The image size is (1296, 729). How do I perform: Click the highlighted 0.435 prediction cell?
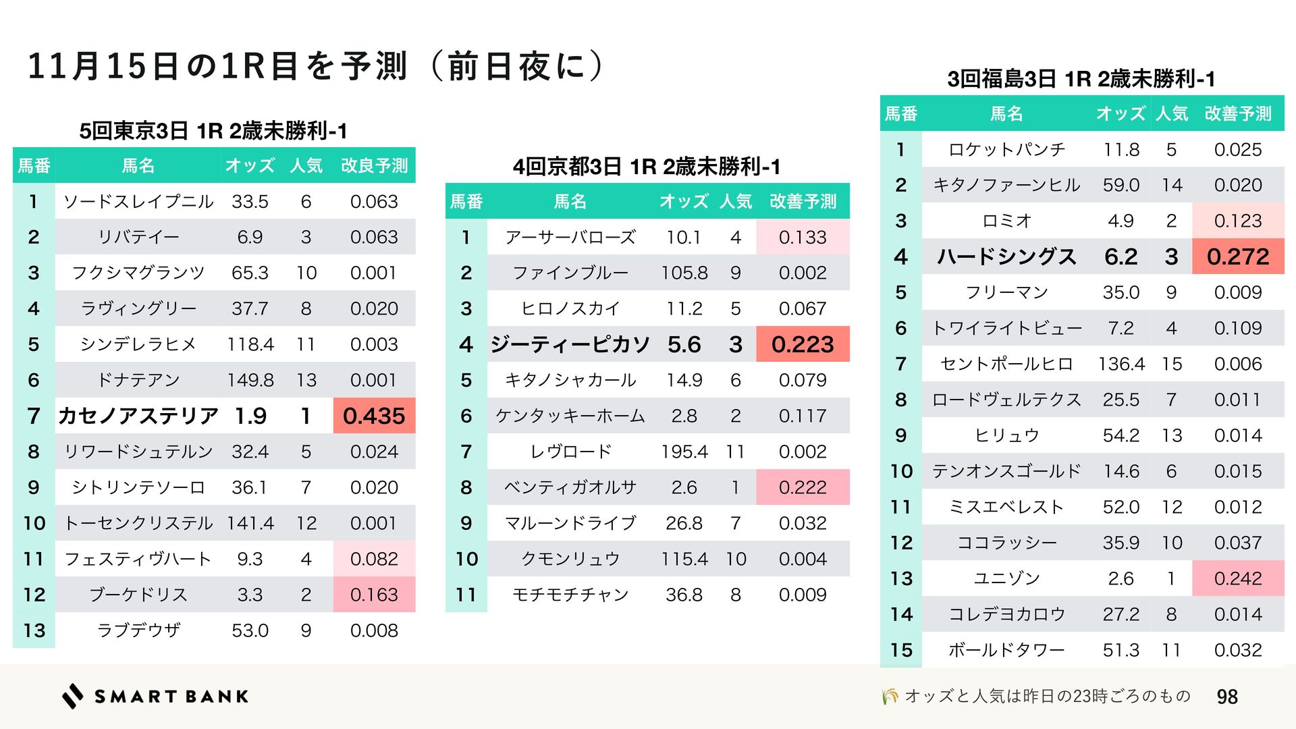[x=374, y=416]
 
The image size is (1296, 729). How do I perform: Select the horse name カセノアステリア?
[x=138, y=416]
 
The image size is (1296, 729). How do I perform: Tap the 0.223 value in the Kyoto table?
[x=803, y=344]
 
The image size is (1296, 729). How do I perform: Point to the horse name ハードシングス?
[x=1006, y=256]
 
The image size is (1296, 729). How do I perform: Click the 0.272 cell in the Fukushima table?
[x=1238, y=256]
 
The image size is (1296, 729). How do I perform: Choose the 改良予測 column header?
[x=374, y=165]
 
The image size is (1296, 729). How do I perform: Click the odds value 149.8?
[x=250, y=380]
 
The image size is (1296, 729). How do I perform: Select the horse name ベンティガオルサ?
[x=570, y=487]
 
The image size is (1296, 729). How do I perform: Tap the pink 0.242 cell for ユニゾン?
[x=1238, y=578]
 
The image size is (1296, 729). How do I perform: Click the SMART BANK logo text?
[x=171, y=697]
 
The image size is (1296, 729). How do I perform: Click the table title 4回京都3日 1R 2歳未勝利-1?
[x=647, y=167]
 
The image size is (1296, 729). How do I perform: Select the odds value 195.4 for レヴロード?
[x=684, y=452]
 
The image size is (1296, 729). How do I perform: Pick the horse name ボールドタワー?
[x=1006, y=650]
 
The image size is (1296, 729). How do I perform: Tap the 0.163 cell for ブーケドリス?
[x=374, y=595]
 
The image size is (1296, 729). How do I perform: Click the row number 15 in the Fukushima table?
[x=901, y=650]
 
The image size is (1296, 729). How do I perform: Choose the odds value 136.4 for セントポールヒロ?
[x=1121, y=364]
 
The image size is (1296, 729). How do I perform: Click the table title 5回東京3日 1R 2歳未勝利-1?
[x=213, y=131]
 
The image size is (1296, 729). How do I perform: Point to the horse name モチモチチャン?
[x=570, y=595]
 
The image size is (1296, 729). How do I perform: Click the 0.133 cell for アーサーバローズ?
[x=803, y=237]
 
